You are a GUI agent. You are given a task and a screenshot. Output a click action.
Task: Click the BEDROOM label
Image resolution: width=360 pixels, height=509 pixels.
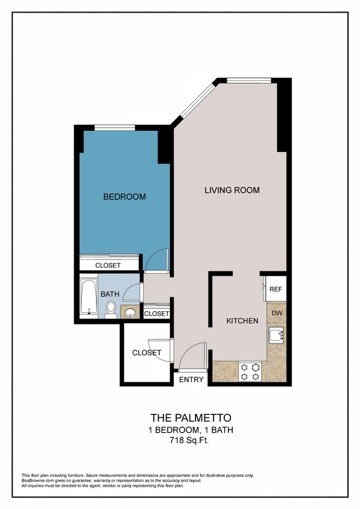point(124,197)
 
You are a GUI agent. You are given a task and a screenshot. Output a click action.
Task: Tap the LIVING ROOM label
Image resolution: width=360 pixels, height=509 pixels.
point(232,190)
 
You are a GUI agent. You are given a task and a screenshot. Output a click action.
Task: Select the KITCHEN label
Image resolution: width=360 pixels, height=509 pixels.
point(242,321)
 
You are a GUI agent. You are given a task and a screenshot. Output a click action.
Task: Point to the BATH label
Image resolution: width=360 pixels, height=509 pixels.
point(110,294)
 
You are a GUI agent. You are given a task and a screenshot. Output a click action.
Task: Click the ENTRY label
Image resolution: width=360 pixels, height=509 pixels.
point(191,379)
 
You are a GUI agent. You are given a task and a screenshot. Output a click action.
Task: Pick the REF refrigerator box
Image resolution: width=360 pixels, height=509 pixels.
point(276,289)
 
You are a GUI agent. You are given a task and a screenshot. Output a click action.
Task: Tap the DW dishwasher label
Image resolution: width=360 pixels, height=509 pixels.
point(276,314)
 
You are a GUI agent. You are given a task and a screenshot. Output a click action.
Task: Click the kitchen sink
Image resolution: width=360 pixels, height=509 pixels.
point(276,336)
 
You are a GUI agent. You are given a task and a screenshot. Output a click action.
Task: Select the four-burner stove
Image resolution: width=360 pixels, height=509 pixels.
point(250,371)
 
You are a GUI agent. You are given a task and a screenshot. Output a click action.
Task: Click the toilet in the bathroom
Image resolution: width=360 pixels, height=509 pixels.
point(110,309)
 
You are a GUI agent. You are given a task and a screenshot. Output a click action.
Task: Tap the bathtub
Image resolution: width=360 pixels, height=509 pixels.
point(89,297)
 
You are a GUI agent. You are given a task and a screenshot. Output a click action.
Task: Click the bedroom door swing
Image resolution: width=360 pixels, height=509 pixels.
point(156,261)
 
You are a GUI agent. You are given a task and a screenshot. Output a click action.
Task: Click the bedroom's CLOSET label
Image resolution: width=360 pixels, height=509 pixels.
point(108,265)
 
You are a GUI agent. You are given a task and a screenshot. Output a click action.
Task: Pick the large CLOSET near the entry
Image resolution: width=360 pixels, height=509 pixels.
point(146,353)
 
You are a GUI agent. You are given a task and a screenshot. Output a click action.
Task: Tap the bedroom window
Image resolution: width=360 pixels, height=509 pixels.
point(115,127)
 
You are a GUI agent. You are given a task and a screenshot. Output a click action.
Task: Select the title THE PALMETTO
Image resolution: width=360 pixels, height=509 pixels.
point(190,417)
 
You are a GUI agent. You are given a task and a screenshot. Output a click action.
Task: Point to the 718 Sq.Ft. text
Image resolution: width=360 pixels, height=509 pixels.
point(190,441)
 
